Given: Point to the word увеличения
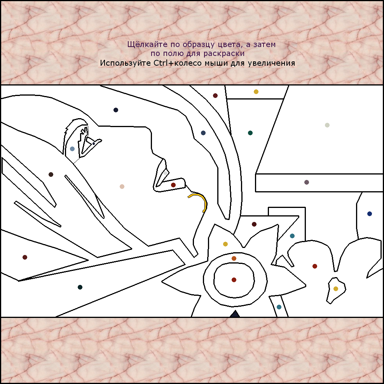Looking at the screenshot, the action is point(271,63).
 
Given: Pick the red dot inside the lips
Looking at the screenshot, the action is point(173,185).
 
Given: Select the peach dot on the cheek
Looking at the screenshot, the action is point(122,187).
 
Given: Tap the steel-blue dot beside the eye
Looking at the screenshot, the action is point(72,148).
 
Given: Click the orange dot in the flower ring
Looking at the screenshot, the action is point(234,258).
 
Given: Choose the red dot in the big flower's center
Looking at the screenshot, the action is point(234,280).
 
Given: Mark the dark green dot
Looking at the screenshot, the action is point(250,133).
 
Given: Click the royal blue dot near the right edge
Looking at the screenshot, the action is point(370,213).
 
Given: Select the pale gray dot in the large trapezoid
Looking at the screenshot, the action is point(327,125).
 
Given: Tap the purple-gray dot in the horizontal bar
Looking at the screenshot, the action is point(307,182).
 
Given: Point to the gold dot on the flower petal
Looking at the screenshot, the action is point(225,244).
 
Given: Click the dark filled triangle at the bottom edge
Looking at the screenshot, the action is point(235,314).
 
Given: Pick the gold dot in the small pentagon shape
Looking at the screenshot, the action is point(336,289).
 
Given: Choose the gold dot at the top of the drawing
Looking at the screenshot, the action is point(256,92).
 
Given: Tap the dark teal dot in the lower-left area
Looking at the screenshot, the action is point(80,287).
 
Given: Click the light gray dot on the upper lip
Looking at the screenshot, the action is point(166,173).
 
